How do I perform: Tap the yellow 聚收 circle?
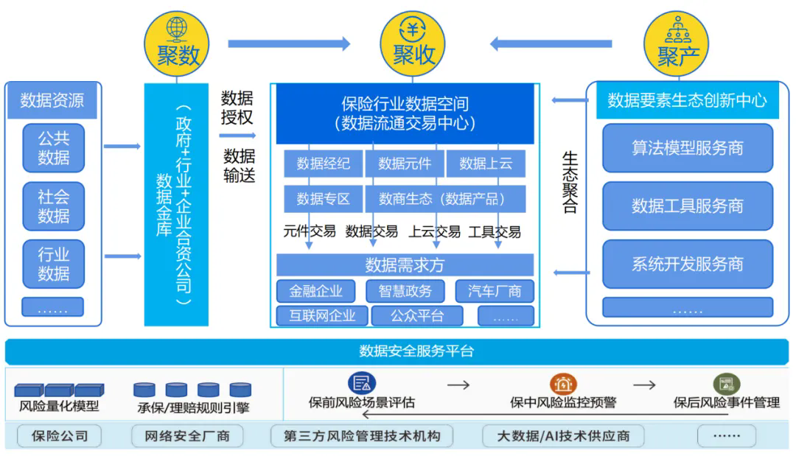click(413, 43)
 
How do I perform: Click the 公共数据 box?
click(53, 147)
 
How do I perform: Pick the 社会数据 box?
click(53, 206)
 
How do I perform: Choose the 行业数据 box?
click(53, 264)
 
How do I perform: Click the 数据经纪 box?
click(323, 164)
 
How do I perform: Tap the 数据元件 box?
click(404, 164)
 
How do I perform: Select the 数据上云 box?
click(486, 164)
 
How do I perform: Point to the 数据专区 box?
click(323, 199)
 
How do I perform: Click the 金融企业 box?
click(315, 291)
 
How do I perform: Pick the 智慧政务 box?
click(405, 291)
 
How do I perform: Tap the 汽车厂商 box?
click(494, 291)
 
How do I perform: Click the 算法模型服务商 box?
click(687, 148)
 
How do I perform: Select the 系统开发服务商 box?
click(687, 264)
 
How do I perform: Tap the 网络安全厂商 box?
click(186, 436)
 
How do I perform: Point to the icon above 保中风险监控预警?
click(562, 385)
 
